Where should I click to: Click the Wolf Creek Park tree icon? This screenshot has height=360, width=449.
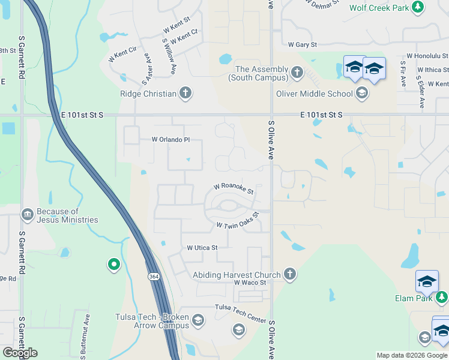click(418, 7)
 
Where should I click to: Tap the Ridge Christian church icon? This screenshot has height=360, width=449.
click(186, 93)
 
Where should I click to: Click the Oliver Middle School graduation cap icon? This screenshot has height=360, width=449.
click(361, 93)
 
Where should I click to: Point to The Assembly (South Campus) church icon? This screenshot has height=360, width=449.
click(297, 73)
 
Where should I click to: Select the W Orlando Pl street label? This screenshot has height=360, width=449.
click(170, 139)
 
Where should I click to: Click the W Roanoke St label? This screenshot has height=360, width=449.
click(234, 188)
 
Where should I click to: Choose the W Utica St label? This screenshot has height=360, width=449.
click(202, 247)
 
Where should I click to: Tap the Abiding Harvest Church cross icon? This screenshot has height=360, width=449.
click(289, 275)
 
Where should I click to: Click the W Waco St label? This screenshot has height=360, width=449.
click(250, 282)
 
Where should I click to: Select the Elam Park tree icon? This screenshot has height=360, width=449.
click(442, 297)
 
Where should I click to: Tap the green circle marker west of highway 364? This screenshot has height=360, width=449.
click(113, 264)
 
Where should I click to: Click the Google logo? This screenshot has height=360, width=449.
click(20, 352)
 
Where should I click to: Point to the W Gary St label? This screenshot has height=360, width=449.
click(302, 44)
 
